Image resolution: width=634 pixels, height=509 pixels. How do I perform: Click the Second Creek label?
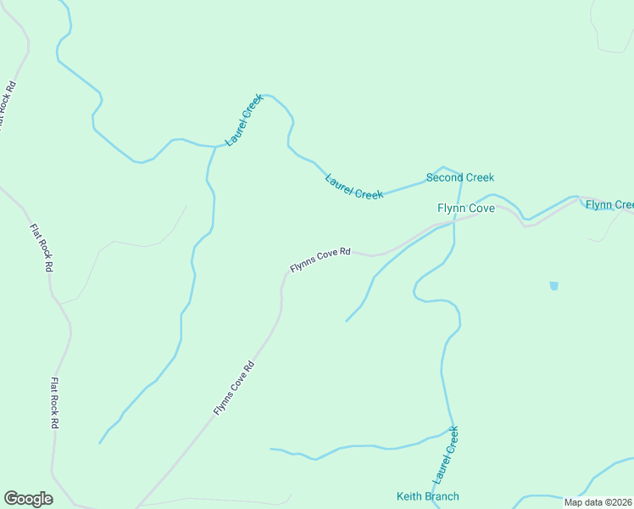pyautogui.click(x=459, y=177)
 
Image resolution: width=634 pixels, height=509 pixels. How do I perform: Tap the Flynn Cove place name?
pyautogui.click(x=465, y=208)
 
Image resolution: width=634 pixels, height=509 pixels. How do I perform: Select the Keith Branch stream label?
pyautogui.click(x=427, y=496)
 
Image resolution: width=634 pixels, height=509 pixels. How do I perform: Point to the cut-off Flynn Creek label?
pyautogui.click(x=609, y=204)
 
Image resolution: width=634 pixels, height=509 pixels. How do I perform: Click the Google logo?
pyautogui.click(x=28, y=499)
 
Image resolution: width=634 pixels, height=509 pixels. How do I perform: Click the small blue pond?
pyautogui.click(x=554, y=286)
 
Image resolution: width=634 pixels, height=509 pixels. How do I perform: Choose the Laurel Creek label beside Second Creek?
pyautogui.click(x=354, y=187)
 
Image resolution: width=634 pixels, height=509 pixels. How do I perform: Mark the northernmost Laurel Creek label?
pyautogui.click(x=244, y=120)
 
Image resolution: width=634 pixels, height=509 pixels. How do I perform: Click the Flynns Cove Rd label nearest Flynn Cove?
pyautogui.click(x=320, y=259)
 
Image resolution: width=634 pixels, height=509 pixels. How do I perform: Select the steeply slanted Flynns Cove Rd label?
pyautogui.click(x=234, y=389)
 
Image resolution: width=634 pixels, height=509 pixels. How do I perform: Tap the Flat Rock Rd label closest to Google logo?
pyautogui.click(x=55, y=403)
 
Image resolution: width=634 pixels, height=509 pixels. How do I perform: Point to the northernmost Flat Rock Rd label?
pyautogui.click(x=7, y=105)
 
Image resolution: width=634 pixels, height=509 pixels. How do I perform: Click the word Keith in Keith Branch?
pyautogui.click(x=410, y=496)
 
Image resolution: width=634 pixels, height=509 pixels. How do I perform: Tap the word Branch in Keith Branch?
pyautogui.click(x=442, y=496)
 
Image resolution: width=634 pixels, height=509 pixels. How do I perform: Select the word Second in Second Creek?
pyautogui.click(x=444, y=177)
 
